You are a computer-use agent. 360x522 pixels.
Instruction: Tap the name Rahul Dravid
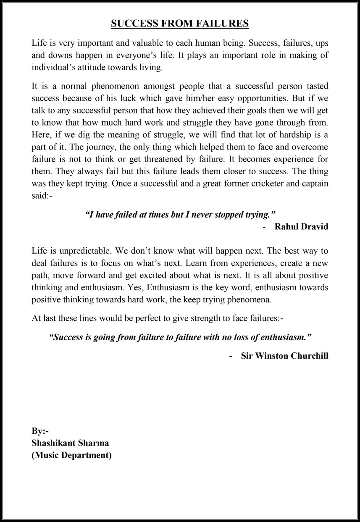coord(301,227)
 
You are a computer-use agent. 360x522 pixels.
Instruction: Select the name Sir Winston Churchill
coord(285,356)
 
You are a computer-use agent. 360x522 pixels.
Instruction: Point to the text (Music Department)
coord(71,455)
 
